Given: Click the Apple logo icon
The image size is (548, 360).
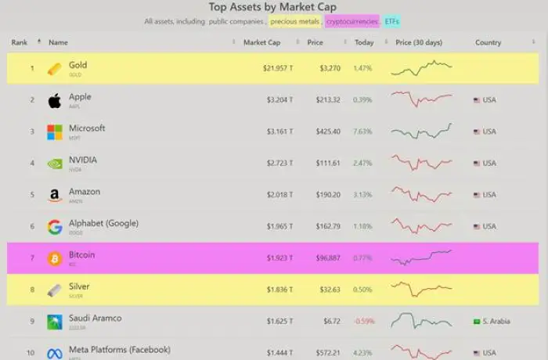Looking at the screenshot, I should click(54, 100).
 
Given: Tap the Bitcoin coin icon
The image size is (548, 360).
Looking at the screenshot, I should click(54, 258).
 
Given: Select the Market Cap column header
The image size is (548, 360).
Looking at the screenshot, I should click(261, 42).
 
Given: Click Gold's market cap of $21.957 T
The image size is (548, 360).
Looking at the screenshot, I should click(278, 69).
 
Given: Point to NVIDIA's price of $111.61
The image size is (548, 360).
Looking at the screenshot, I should click(324, 164).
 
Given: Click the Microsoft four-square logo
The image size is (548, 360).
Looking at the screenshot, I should click(54, 131).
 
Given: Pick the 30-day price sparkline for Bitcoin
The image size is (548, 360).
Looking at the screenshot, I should click(421, 257).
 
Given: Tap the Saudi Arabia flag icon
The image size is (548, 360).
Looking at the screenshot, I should click(477, 322).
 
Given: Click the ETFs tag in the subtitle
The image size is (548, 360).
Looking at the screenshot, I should click(391, 21).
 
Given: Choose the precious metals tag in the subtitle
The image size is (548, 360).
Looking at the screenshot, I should click(294, 21).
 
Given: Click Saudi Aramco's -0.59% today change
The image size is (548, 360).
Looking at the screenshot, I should click(362, 322).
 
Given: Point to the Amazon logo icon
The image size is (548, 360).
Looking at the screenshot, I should click(54, 195).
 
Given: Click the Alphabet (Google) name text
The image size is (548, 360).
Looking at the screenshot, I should click(103, 223).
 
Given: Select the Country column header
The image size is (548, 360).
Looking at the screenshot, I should click(488, 42).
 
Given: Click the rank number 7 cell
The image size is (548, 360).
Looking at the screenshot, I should click(32, 258).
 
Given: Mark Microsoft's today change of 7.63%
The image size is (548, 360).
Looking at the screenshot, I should click(362, 131).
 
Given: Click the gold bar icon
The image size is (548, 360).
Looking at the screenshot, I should click(54, 69).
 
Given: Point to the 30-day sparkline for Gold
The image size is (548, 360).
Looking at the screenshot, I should click(421, 68).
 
